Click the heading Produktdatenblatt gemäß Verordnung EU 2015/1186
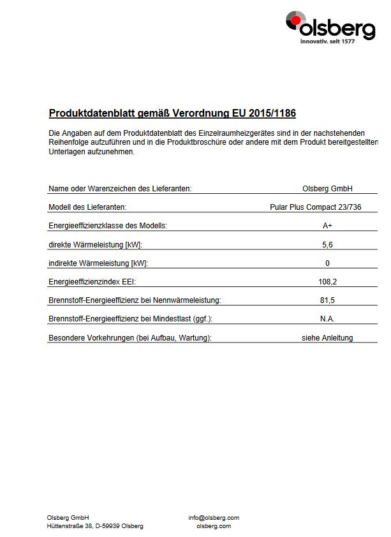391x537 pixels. point(172,114)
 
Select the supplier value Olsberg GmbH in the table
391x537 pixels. point(327,189)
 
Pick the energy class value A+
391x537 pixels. point(327,226)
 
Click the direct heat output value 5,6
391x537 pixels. point(327,244)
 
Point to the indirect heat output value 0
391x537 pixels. point(327,263)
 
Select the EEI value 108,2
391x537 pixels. point(327,281)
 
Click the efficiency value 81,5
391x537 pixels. point(327,300)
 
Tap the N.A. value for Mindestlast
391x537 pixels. point(327,319)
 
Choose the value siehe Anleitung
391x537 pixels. point(327,338)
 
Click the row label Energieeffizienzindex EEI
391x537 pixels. point(92,281)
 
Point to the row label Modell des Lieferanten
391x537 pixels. point(87,207)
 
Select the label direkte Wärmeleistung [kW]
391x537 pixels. point(96,244)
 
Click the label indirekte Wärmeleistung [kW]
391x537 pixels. point(98,263)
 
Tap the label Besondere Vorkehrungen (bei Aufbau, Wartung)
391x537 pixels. point(130,338)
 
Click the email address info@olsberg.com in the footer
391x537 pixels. point(214,518)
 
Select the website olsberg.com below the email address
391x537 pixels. point(214,526)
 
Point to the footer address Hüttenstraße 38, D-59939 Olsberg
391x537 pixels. point(95,526)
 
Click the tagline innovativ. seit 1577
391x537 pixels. point(337,41)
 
